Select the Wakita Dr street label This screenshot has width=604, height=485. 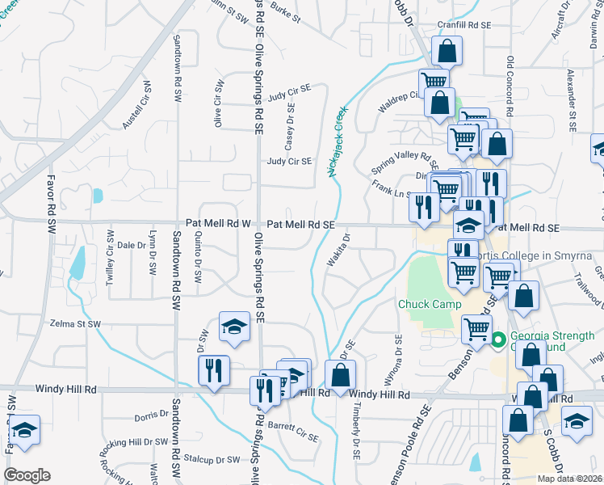click(338, 250)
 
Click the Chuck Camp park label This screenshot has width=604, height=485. click(429, 305)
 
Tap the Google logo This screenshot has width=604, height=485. click(27, 475)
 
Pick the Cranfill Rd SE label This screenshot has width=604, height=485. click(463, 25)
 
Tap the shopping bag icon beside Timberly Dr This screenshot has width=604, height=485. click(340, 375)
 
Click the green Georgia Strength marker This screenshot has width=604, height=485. click(499, 339)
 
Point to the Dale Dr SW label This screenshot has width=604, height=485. click(130, 244)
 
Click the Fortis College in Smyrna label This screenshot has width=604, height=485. click(542, 256)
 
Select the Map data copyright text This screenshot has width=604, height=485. click(569, 479)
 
